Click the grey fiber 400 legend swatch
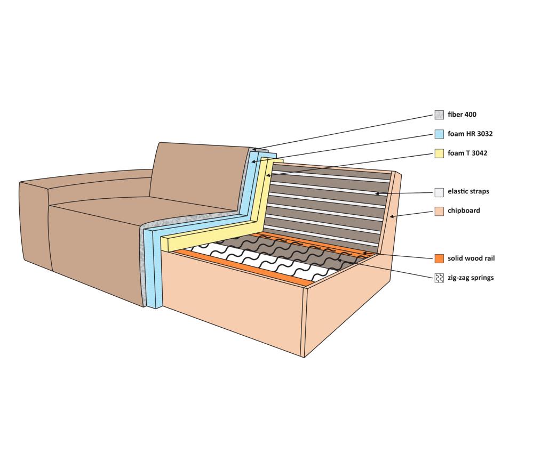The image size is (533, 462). pyautogui.click(x=439, y=115)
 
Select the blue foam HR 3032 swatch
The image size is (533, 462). pyautogui.click(x=439, y=134)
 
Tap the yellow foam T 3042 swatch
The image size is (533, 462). pyautogui.click(x=439, y=153)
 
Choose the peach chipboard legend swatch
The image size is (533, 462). pyautogui.click(x=439, y=211)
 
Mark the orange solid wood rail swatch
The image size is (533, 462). pyautogui.click(x=439, y=258)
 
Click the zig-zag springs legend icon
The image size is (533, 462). pyautogui.click(x=439, y=278)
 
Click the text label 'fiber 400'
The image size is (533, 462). pyautogui.click(x=462, y=115)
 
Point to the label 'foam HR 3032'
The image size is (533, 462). pyautogui.click(x=470, y=134)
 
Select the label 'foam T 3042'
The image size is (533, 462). pyautogui.click(x=467, y=153)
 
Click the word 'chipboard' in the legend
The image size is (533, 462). pyautogui.click(x=464, y=211)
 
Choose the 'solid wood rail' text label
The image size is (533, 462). pyautogui.click(x=471, y=258)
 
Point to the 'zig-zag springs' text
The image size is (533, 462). pyautogui.click(x=471, y=278)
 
